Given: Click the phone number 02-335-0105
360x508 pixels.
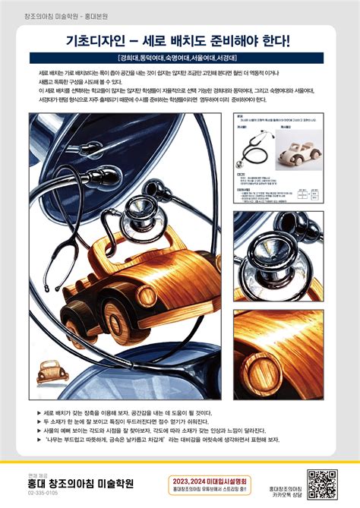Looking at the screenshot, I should pos(42,493).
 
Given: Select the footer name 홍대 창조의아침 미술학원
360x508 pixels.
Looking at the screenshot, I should pos(80,482).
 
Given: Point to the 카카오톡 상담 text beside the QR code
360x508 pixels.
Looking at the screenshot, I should pos(286,485).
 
